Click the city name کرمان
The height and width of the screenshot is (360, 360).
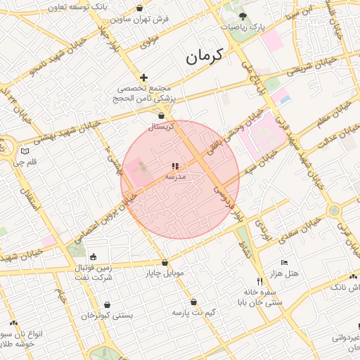coord(204,57)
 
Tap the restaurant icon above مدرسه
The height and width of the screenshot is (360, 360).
coord(174,166)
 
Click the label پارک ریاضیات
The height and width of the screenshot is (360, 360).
coord(245,27)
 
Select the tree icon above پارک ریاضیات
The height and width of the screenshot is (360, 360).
coord(243,15)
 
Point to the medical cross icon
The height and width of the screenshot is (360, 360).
coord(143,77)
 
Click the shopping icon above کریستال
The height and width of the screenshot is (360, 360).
coord(162,115)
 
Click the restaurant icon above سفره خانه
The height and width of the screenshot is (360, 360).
coord(260,281)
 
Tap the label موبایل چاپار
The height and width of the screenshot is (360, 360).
coord(165,273)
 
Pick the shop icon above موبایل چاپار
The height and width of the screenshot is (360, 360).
coord(165,263)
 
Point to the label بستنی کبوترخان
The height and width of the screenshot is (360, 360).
coord(107,316)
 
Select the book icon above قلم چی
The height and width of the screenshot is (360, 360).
coord(26,151)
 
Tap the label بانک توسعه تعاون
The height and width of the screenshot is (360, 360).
coord(78,6)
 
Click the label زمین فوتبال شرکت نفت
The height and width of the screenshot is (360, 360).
coord(94,272)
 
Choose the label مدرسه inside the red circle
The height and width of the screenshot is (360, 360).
coord(174,176)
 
